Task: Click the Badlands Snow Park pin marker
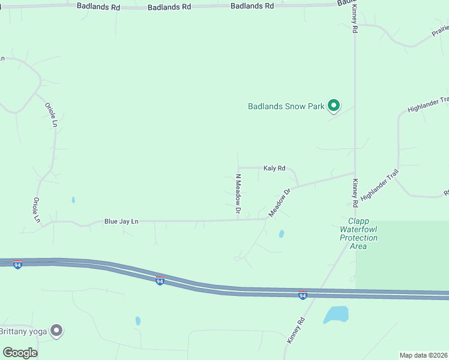coord(333,106)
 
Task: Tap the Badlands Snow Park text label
coord(286,107)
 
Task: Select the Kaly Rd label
coord(274,169)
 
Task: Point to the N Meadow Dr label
coord(238,194)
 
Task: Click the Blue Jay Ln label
coord(121,221)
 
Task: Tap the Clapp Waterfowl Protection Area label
coord(358,233)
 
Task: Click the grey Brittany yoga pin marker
coord(56,330)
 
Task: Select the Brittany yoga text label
coord(24,331)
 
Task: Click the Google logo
coord(20,353)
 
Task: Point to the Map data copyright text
coord(424,355)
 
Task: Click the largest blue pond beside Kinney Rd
coord(336,314)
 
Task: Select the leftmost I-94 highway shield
coord(18,265)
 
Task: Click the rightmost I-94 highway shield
coord(303,295)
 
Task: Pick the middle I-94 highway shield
coord(160,280)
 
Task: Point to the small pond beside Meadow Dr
coord(281,234)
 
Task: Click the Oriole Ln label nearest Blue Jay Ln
coord(37,209)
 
